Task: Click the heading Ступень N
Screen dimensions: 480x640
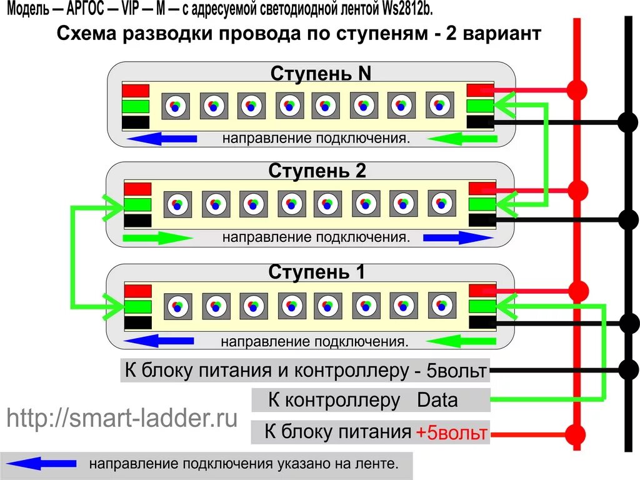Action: click(321, 74)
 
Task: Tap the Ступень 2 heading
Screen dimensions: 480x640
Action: click(317, 171)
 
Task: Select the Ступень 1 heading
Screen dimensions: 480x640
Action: click(317, 272)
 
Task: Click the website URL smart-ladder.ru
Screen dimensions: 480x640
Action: click(122, 418)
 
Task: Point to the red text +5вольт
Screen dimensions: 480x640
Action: click(452, 432)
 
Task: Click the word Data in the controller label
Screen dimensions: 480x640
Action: click(437, 400)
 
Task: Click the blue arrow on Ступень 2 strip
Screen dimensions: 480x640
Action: click(458, 237)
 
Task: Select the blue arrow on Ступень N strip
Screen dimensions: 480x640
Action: click(160, 139)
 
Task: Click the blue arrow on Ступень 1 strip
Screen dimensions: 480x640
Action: click(160, 341)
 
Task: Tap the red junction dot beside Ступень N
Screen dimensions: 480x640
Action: click(578, 89)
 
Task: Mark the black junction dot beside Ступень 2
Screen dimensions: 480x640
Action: click(627, 219)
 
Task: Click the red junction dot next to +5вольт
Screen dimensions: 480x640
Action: click(576, 433)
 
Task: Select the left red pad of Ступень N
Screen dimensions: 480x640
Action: click(136, 91)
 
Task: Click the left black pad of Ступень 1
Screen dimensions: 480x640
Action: click(138, 322)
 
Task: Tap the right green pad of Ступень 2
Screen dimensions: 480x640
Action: click(481, 204)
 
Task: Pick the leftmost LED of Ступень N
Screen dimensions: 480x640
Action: click(175, 106)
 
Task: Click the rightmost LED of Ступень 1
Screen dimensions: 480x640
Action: click(441, 304)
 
